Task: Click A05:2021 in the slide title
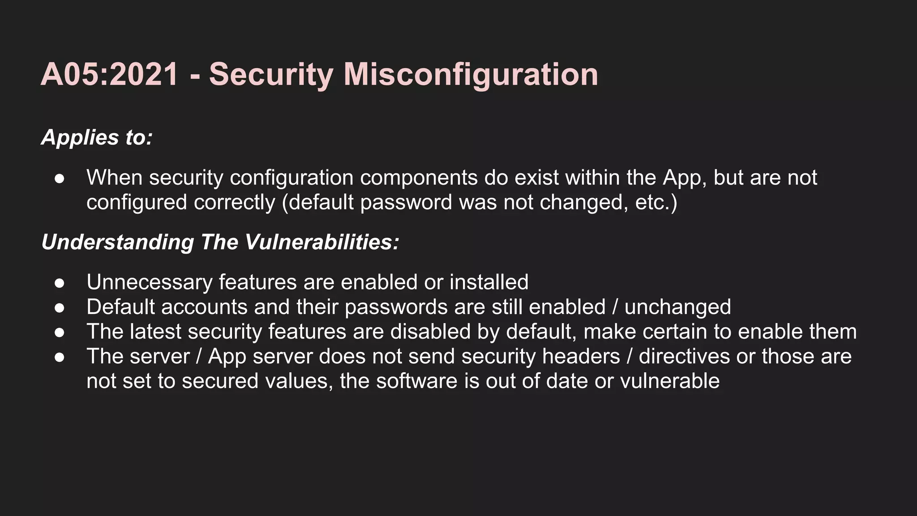point(110,74)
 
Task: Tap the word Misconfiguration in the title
point(471,74)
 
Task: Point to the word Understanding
point(117,242)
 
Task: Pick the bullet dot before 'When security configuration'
point(60,179)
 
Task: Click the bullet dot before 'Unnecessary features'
point(60,283)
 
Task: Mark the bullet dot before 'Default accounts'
point(60,308)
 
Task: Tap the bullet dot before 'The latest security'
point(60,332)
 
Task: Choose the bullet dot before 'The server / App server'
point(60,357)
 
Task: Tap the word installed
point(489,283)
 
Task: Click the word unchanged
point(677,307)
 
